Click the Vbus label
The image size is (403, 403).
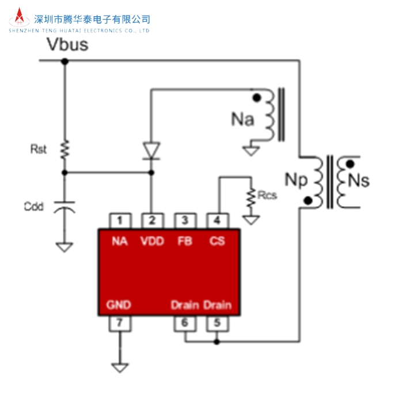pyautogui.click(x=67, y=44)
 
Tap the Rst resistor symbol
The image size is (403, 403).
pyautogui.click(x=64, y=150)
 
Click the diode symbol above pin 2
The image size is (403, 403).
pyautogui.click(x=152, y=151)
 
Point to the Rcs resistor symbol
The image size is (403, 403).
pyautogui.click(x=251, y=198)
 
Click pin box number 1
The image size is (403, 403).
pyautogui.click(x=120, y=220)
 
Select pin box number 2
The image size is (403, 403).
pyautogui.click(x=152, y=220)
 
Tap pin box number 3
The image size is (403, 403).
pyautogui.click(x=185, y=220)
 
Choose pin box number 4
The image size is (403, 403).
pyautogui.click(x=217, y=220)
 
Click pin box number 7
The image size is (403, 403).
pyautogui.click(x=120, y=323)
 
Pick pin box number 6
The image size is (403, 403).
pyautogui.click(x=185, y=323)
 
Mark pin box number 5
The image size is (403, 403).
pyautogui.click(x=217, y=323)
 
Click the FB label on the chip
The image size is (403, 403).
pyautogui.click(x=185, y=242)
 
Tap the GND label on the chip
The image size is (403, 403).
pyautogui.click(x=119, y=305)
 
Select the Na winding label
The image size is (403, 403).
pyautogui.click(x=242, y=119)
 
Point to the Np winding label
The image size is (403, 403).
pyautogui.click(x=298, y=180)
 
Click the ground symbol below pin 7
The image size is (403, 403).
pyautogui.click(x=120, y=366)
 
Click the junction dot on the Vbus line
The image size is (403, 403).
pyautogui.click(x=64, y=60)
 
